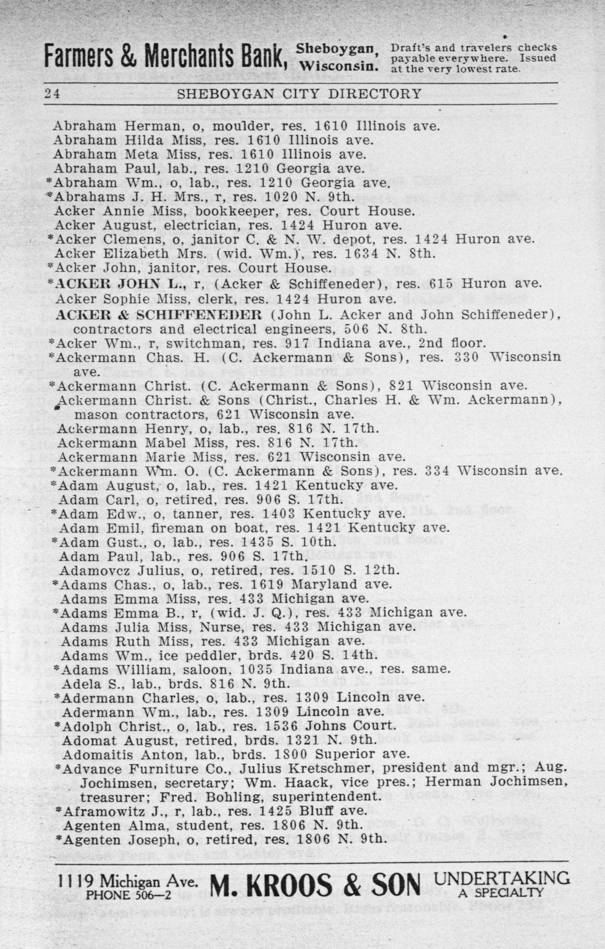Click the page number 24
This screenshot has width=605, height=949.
coord(51,94)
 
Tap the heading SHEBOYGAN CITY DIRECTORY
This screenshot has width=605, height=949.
coord(299,94)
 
